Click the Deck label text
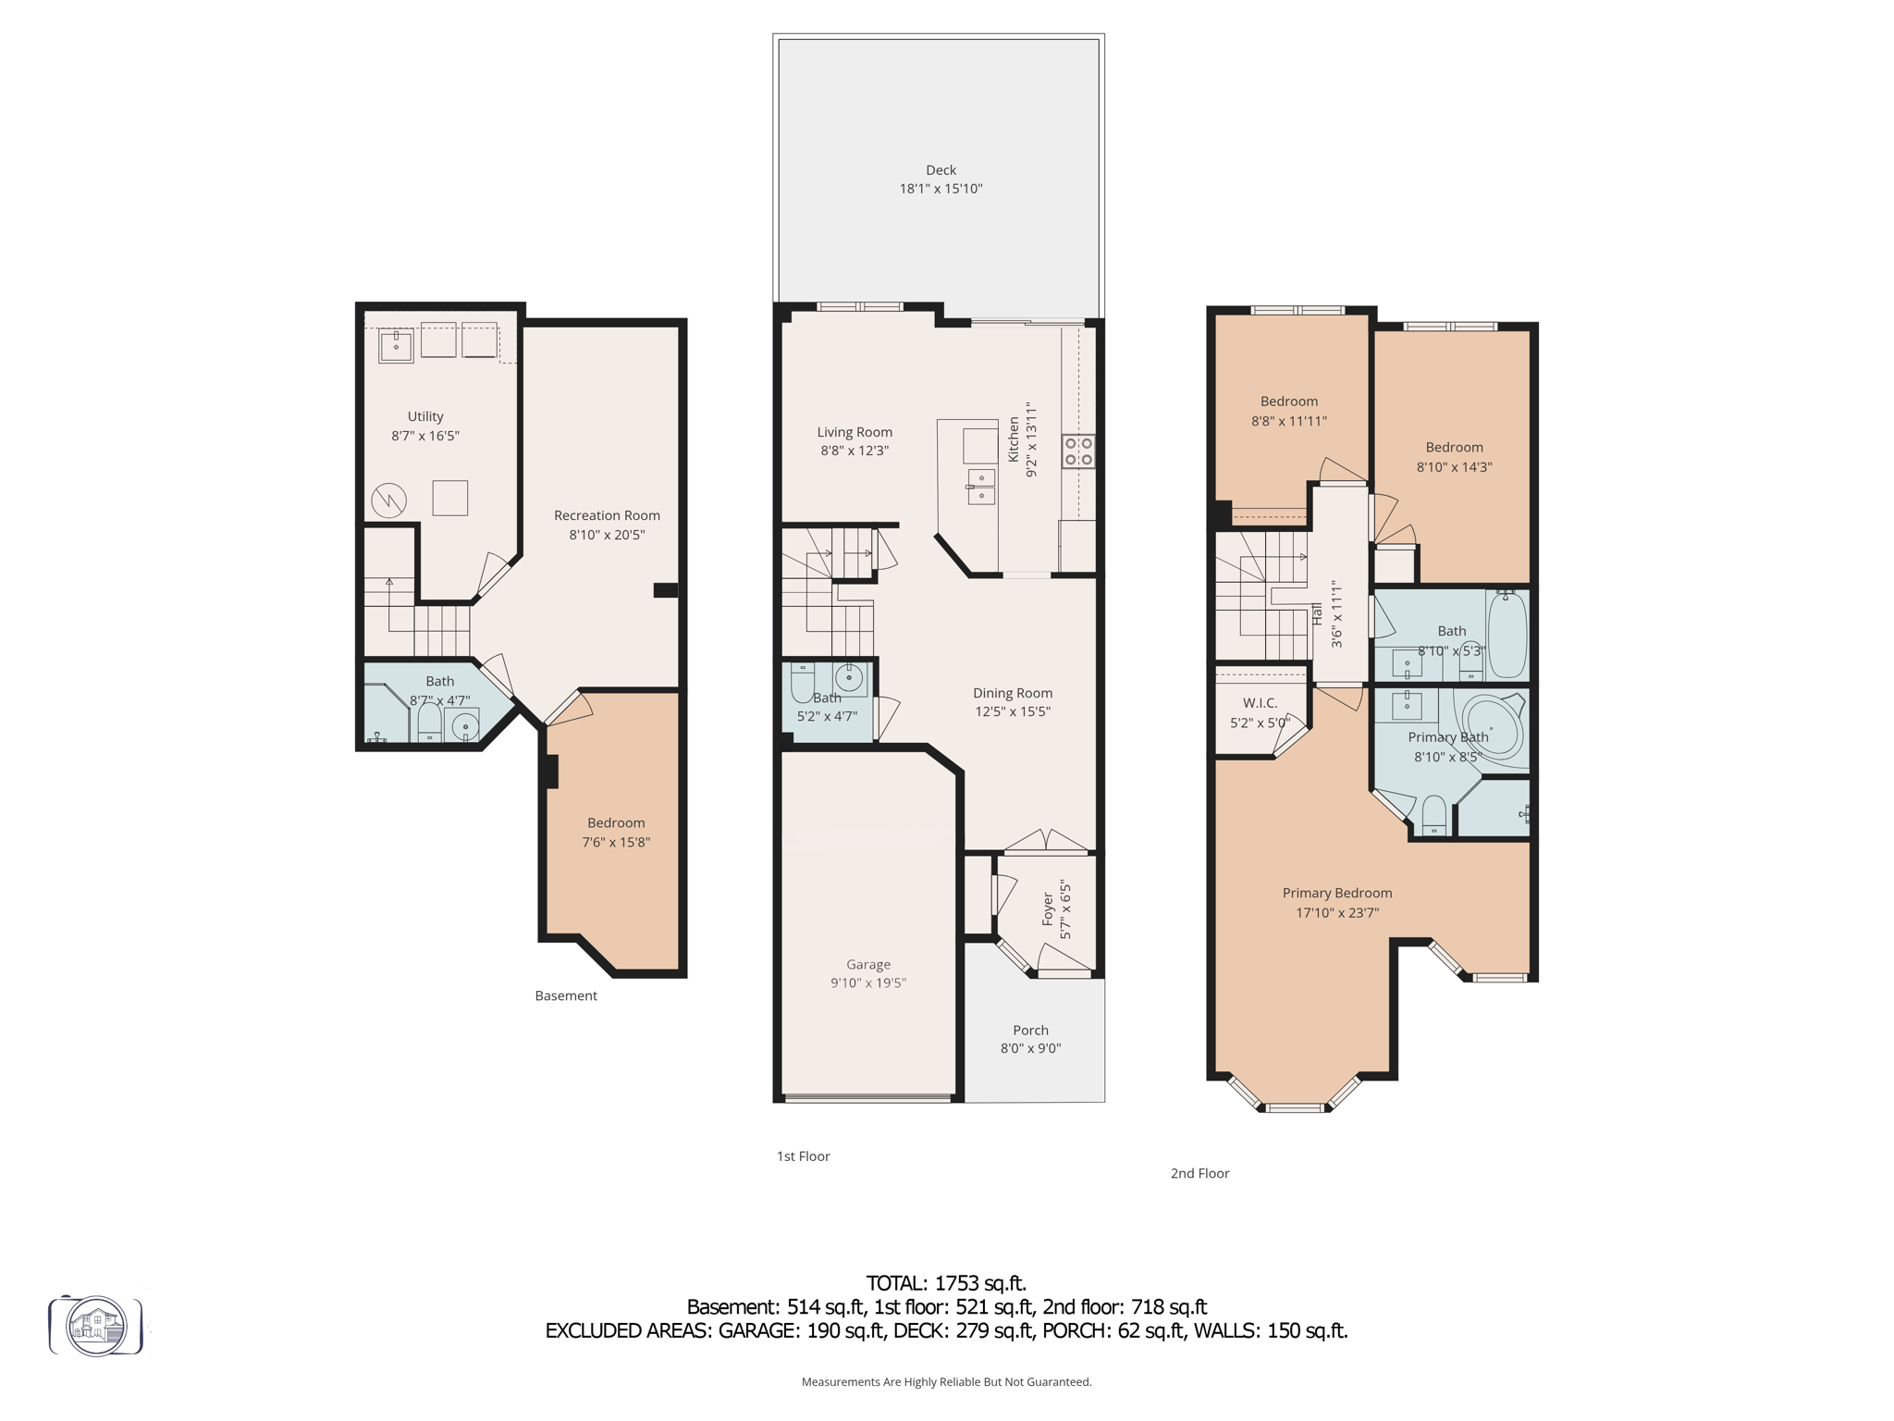click(941, 170)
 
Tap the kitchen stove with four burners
click(1078, 451)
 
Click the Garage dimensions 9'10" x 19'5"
click(867, 983)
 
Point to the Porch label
click(1030, 1031)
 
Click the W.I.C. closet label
click(1260, 703)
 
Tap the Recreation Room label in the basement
click(607, 515)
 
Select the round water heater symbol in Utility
click(388, 501)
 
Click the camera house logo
click(96, 1326)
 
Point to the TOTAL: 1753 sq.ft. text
click(945, 1283)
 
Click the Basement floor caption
click(566, 995)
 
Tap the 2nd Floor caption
click(1199, 1173)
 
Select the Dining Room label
click(1012, 693)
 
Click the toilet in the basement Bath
click(429, 722)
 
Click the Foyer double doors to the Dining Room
click(1046, 842)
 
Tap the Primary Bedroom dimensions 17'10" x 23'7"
click(1337, 913)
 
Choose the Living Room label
click(855, 432)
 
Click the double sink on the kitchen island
click(981, 487)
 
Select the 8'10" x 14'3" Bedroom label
click(1454, 448)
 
